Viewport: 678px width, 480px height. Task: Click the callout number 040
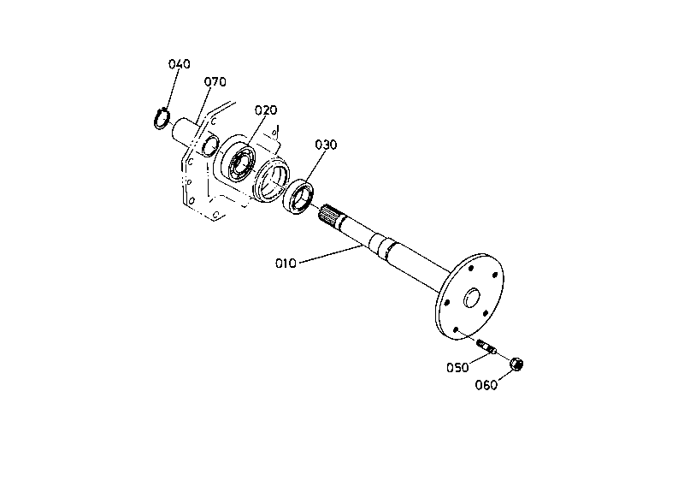point(179,64)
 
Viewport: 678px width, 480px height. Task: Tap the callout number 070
point(215,82)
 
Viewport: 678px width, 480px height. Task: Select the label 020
point(266,110)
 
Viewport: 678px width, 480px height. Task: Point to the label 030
point(326,145)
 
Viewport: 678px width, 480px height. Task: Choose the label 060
point(486,384)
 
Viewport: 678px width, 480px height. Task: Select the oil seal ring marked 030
point(299,196)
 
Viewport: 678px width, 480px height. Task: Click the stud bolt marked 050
point(488,347)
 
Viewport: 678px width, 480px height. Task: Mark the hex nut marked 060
point(516,365)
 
